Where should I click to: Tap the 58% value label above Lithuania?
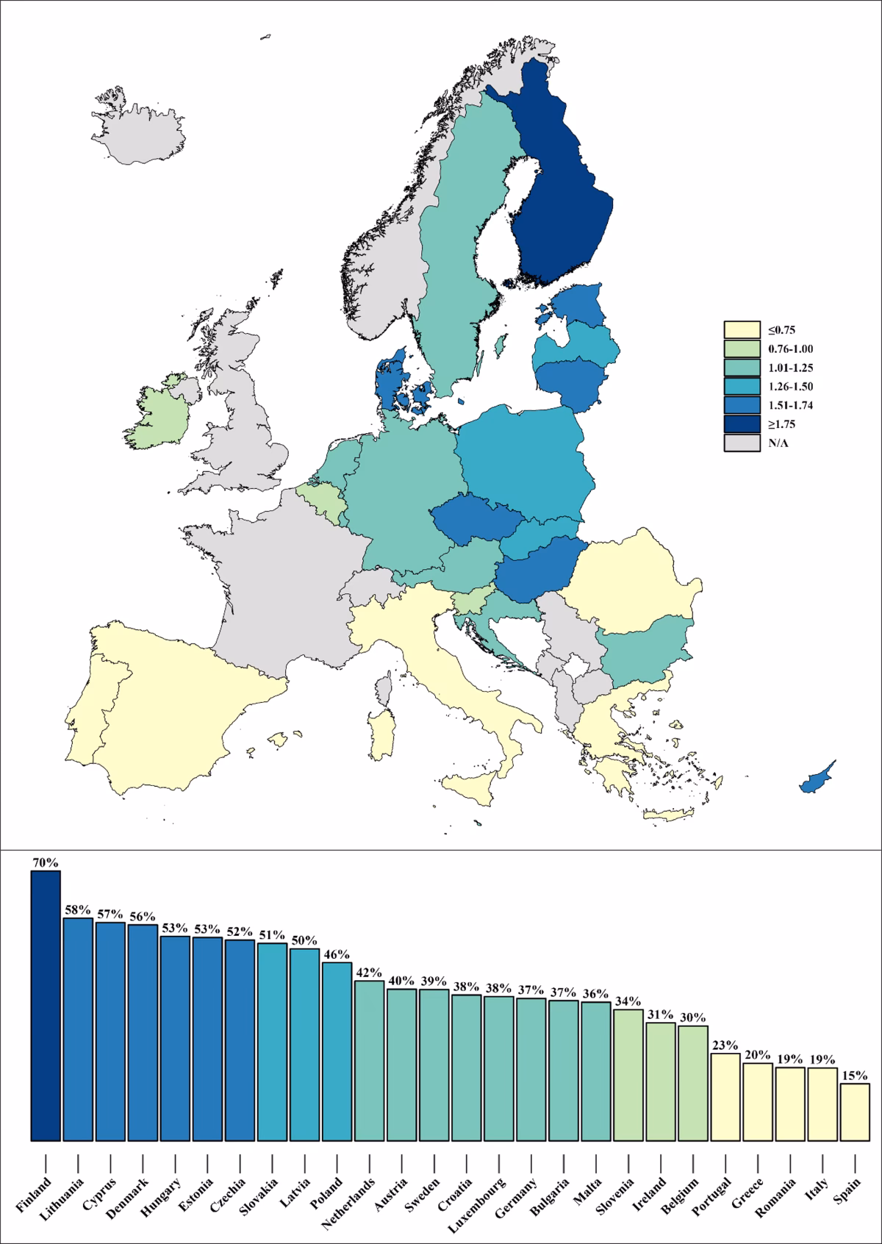(78, 909)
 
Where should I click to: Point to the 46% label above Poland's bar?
(337, 954)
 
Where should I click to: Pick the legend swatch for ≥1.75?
(742, 424)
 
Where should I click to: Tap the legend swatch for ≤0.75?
(742, 329)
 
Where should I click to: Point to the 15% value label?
(855, 1075)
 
